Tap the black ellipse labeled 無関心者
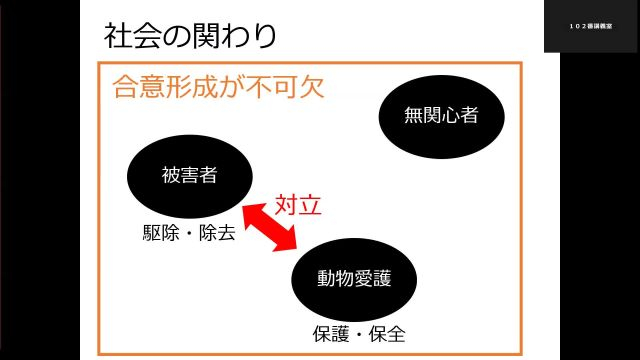pyautogui.click(x=440, y=115)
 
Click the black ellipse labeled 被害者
pyautogui.click(x=189, y=176)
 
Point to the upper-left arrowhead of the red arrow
pyautogui.click(x=254, y=204)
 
